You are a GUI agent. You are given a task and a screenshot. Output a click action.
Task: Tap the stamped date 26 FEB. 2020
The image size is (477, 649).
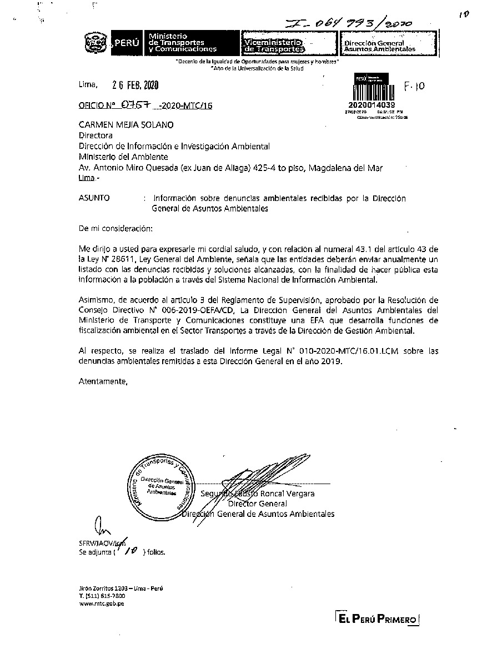coord(135,85)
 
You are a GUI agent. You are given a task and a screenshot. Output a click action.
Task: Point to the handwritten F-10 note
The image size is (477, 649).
coord(414,87)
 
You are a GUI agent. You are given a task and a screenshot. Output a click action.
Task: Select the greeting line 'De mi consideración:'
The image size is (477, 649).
coord(114,228)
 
